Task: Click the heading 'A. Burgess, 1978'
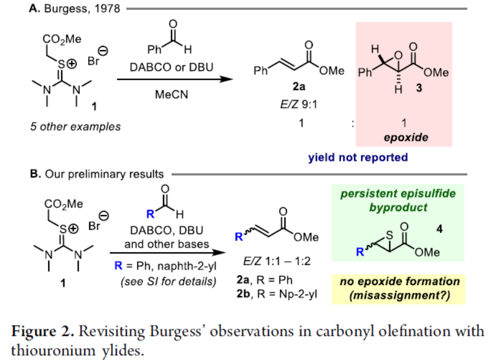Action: click(x=74, y=9)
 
